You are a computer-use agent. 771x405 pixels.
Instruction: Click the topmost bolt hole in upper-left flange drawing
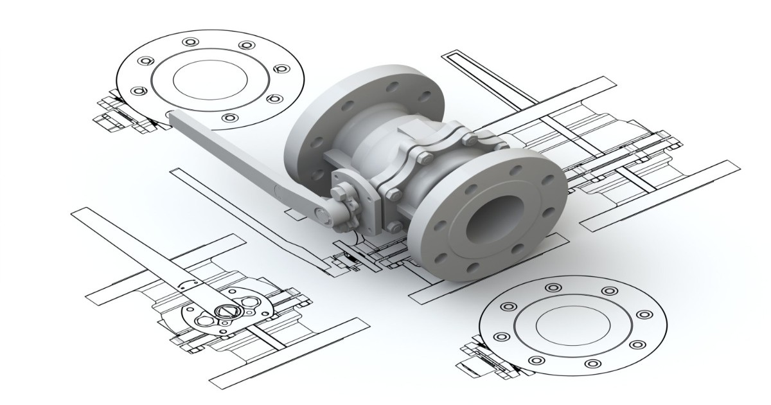[190, 42]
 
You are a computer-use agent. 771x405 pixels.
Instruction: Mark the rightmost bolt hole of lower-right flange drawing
[642, 315]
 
